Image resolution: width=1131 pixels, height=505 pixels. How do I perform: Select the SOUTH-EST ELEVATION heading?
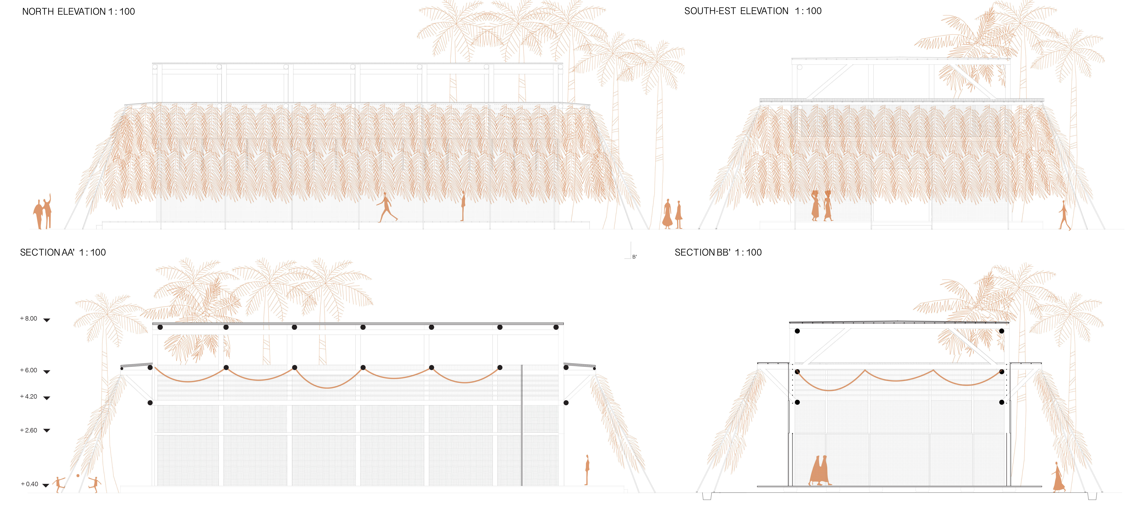click(753, 11)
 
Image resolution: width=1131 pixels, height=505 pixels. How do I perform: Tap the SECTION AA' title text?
click(63, 252)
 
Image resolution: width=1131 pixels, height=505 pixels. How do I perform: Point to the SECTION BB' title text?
click(718, 252)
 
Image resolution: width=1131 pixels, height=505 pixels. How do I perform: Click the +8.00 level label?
click(28, 318)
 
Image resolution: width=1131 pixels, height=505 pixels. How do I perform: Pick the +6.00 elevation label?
click(28, 370)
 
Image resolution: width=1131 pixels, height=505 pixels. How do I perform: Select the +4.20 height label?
click(28, 397)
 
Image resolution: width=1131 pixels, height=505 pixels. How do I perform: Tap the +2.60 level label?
click(28, 430)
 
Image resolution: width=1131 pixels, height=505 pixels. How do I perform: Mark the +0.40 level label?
click(29, 484)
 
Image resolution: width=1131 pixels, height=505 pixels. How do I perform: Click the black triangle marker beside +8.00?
click(47, 320)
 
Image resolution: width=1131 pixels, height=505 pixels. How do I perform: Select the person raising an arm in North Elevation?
click(47, 211)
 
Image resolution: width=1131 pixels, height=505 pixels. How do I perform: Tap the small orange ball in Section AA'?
click(78, 476)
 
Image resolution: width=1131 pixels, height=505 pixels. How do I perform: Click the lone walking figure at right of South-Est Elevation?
click(1064, 215)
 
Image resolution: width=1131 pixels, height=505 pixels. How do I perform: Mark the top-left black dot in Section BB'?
click(797, 331)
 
